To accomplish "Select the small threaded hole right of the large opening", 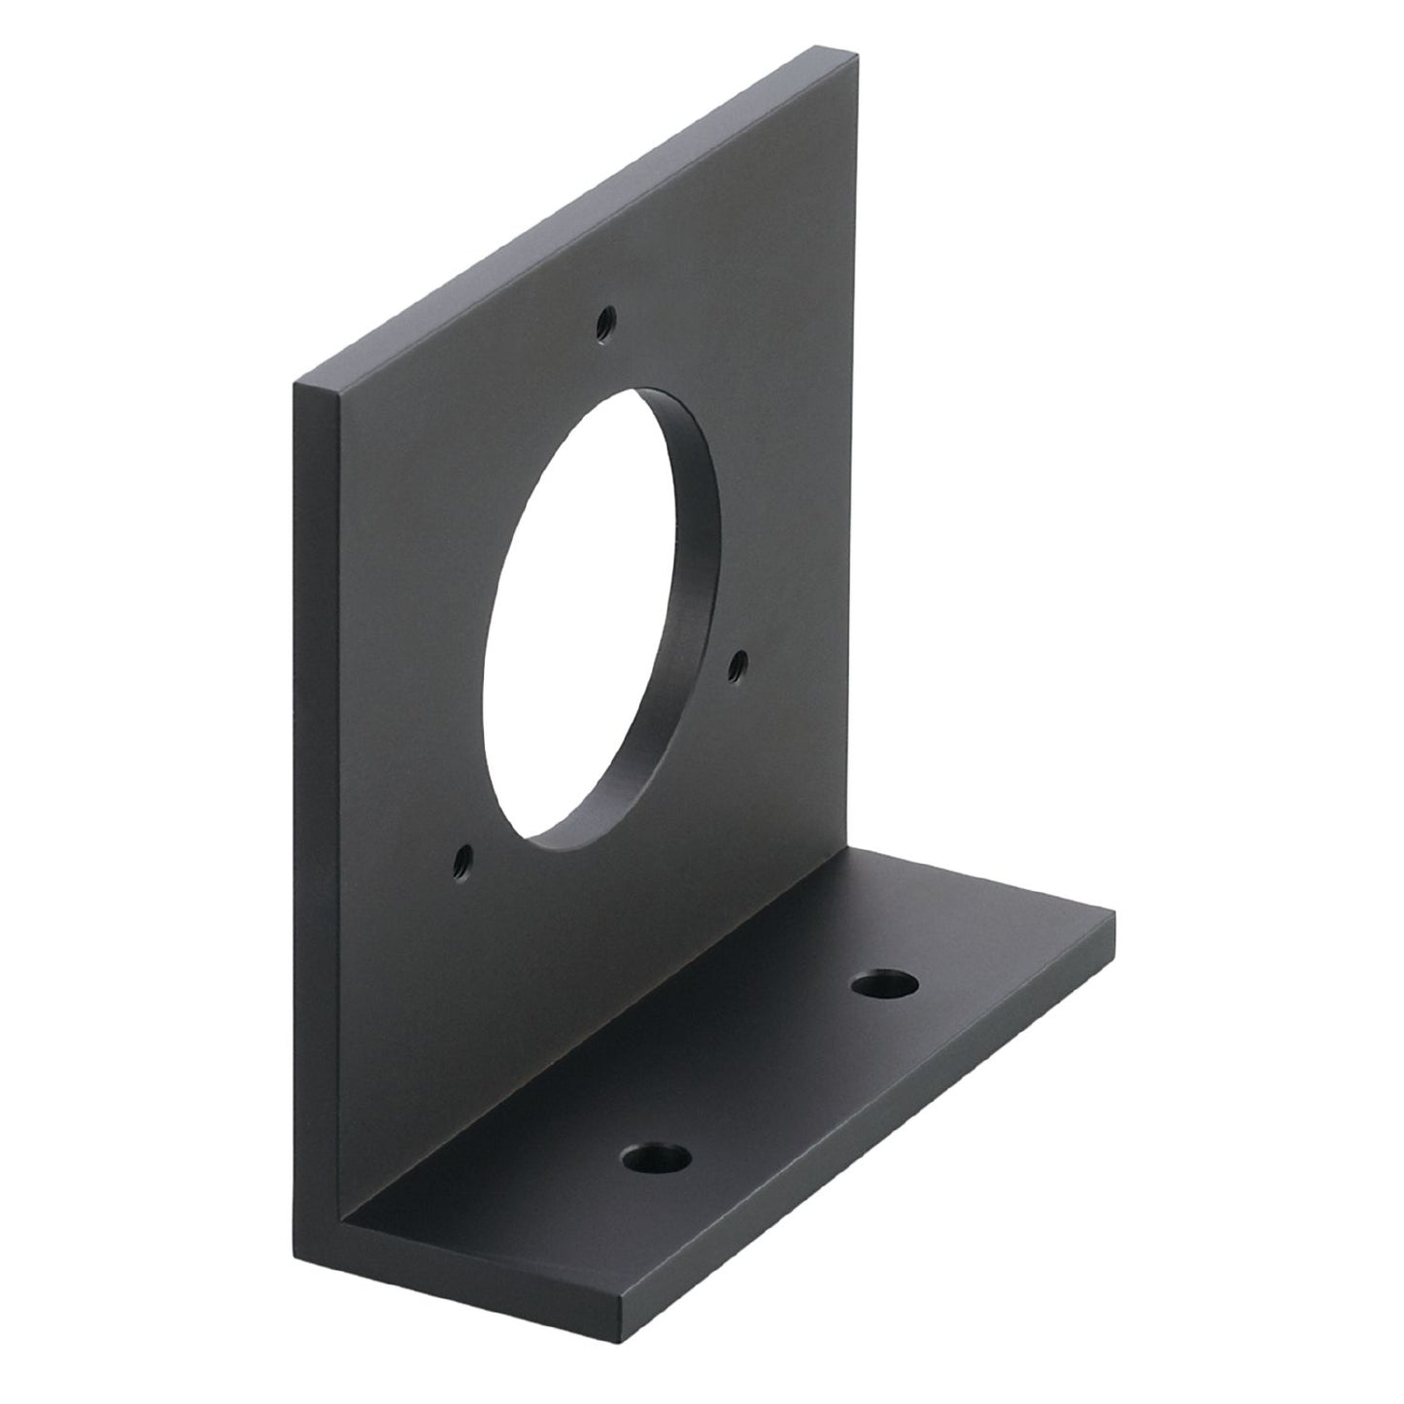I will [x=736, y=664].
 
